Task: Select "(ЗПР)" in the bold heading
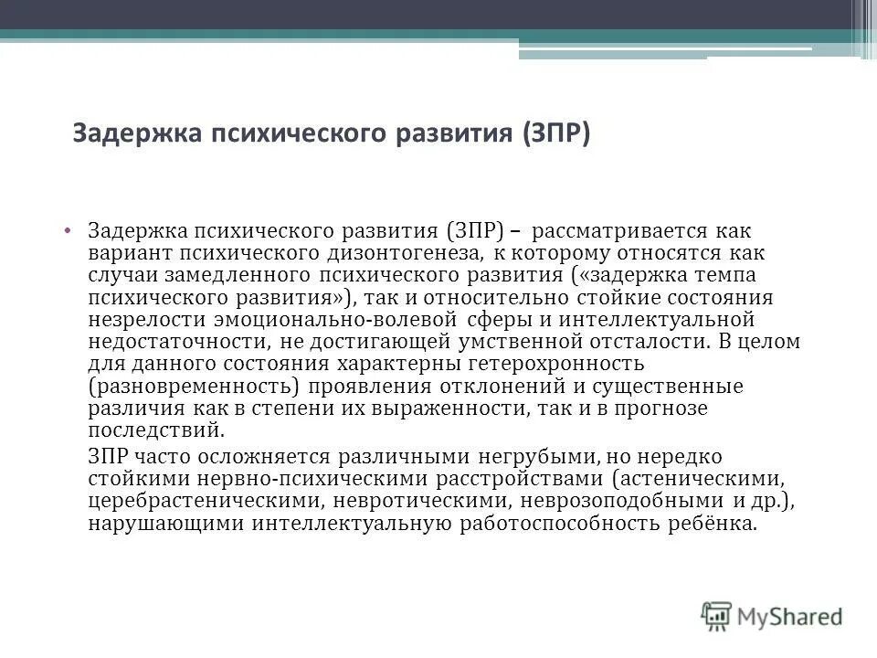pos(557,134)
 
